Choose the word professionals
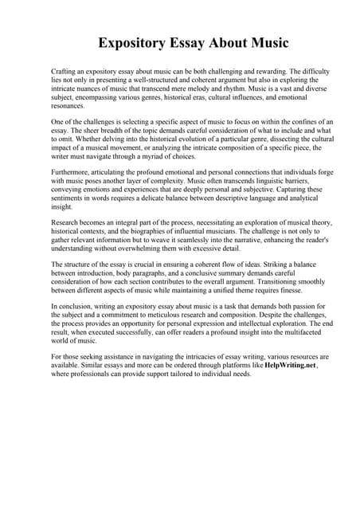(91, 375)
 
